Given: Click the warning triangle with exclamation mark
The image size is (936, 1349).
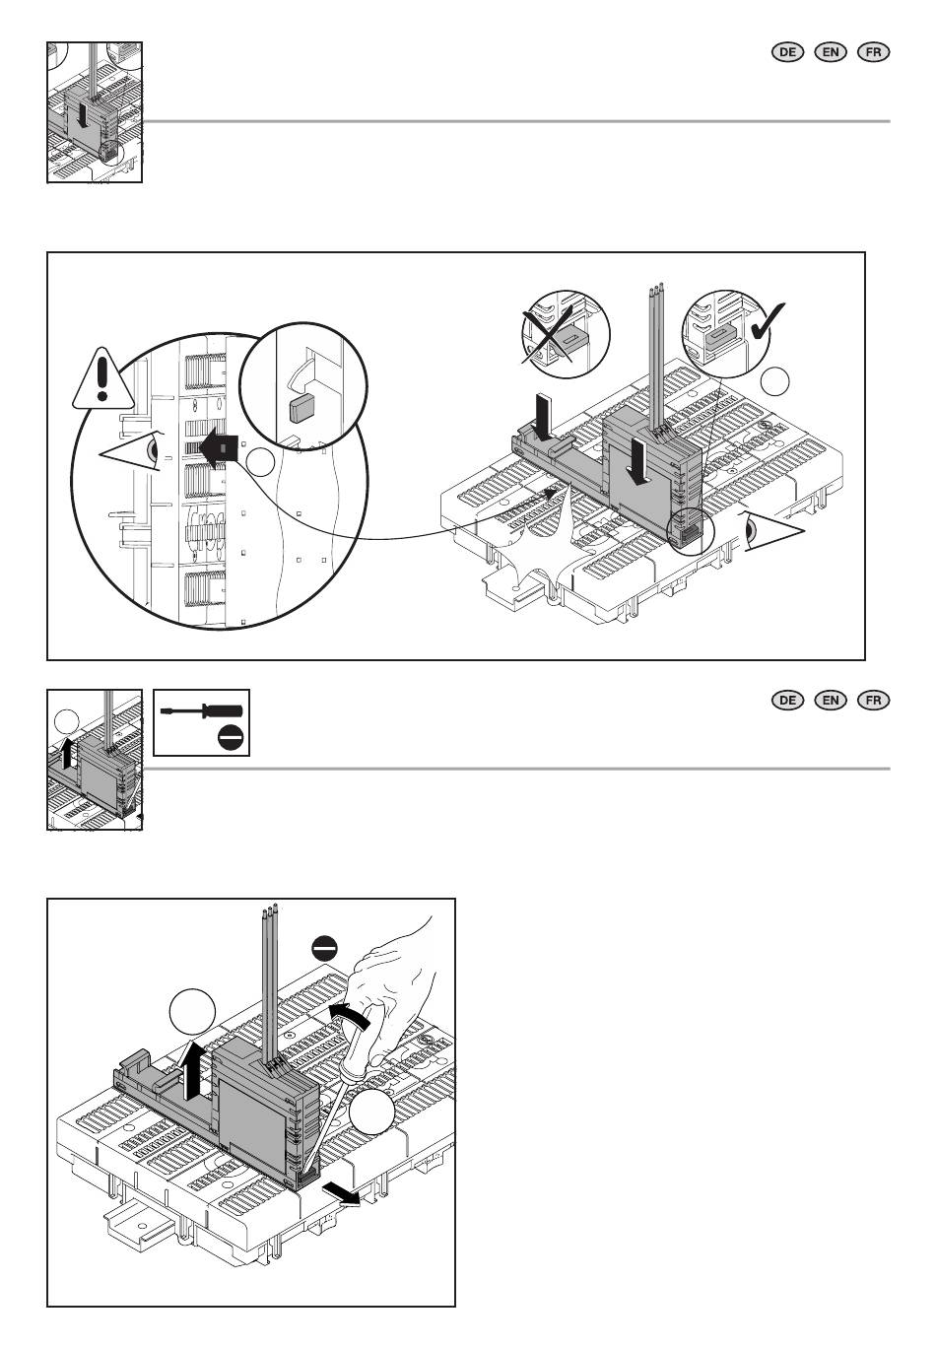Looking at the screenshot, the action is tap(103, 379).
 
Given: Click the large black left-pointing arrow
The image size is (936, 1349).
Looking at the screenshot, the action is tap(220, 450).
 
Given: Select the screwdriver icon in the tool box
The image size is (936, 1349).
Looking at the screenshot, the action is tap(201, 711).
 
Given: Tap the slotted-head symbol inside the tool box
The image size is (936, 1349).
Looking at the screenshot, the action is tap(231, 738).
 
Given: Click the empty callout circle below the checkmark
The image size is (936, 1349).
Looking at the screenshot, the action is tap(774, 380).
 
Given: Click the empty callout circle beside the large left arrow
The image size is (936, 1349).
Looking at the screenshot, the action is tap(260, 462).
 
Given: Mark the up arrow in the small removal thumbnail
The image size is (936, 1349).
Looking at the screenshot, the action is tap(67, 754).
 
